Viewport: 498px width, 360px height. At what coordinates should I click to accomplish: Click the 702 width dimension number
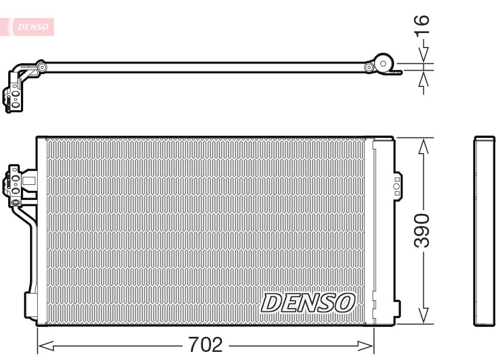[x=205, y=344]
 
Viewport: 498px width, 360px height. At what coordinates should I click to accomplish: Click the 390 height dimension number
[x=422, y=231]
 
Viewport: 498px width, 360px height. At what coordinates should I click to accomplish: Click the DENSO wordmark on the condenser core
[x=308, y=303]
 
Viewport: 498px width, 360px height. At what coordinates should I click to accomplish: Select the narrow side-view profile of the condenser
[x=484, y=231]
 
